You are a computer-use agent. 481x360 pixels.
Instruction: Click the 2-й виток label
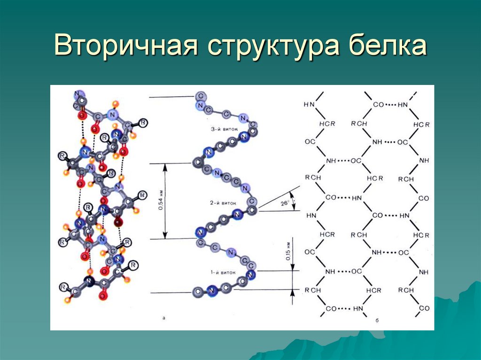pos(222,203)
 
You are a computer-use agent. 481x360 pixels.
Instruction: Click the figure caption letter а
pos(163,318)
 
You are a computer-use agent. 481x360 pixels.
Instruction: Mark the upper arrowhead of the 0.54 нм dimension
pos(165,167)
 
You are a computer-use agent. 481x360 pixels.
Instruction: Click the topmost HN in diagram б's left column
pos(309,104)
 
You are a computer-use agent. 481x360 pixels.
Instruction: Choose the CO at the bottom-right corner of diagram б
pos(424,308)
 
